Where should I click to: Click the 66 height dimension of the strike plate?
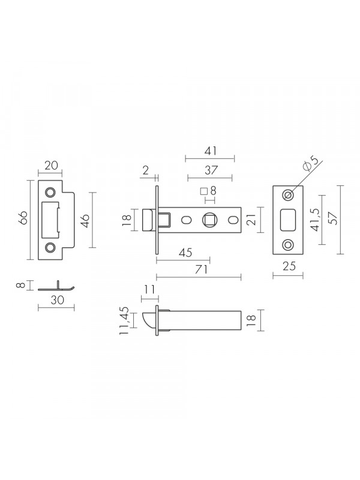coord(24,218)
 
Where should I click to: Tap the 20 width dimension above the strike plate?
coord(51,166)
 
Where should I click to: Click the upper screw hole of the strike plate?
coord(50,192)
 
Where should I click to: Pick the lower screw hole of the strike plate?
coord(50,247)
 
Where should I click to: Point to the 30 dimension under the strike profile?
coord(57,301)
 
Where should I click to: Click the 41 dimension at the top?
coord(211,151)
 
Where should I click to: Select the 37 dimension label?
coord(211,170)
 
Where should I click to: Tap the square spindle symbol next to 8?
coord(203,191)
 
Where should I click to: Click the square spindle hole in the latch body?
coord(209,220)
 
